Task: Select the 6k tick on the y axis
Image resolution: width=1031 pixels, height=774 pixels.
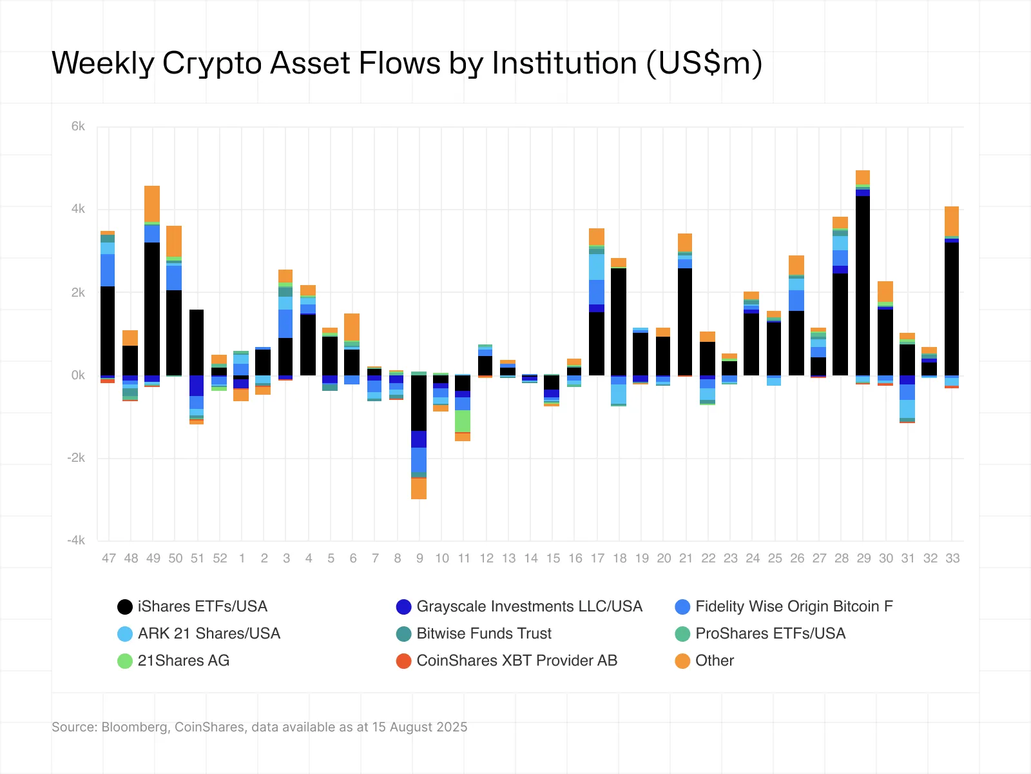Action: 78,126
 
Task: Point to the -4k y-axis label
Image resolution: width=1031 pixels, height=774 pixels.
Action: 76,541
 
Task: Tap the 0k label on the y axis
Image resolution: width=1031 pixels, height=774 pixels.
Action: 78,375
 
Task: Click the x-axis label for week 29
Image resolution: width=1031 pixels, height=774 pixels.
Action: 863,559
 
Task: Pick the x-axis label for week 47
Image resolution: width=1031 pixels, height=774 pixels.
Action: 108,559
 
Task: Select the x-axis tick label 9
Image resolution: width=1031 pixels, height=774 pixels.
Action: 419,559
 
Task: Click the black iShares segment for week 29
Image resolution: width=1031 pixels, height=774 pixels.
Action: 863,284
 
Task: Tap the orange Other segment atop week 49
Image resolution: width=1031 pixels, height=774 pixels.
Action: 152,203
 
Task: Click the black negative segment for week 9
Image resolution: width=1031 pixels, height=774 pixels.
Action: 419,403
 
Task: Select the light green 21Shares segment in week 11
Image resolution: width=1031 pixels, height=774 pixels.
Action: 463,421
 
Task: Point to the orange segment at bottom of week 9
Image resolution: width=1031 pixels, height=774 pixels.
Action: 419,488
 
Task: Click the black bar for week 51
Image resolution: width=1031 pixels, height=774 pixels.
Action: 197,342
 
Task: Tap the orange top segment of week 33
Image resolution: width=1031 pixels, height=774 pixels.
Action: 952,221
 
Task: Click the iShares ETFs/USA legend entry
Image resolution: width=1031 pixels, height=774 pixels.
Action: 202,606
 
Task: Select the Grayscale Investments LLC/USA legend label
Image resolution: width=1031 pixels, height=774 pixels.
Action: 529,606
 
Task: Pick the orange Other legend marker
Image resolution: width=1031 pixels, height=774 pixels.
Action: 682,660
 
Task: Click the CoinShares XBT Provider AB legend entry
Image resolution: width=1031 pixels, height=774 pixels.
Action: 516,660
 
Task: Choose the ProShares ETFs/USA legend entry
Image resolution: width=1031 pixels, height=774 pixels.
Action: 769,633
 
